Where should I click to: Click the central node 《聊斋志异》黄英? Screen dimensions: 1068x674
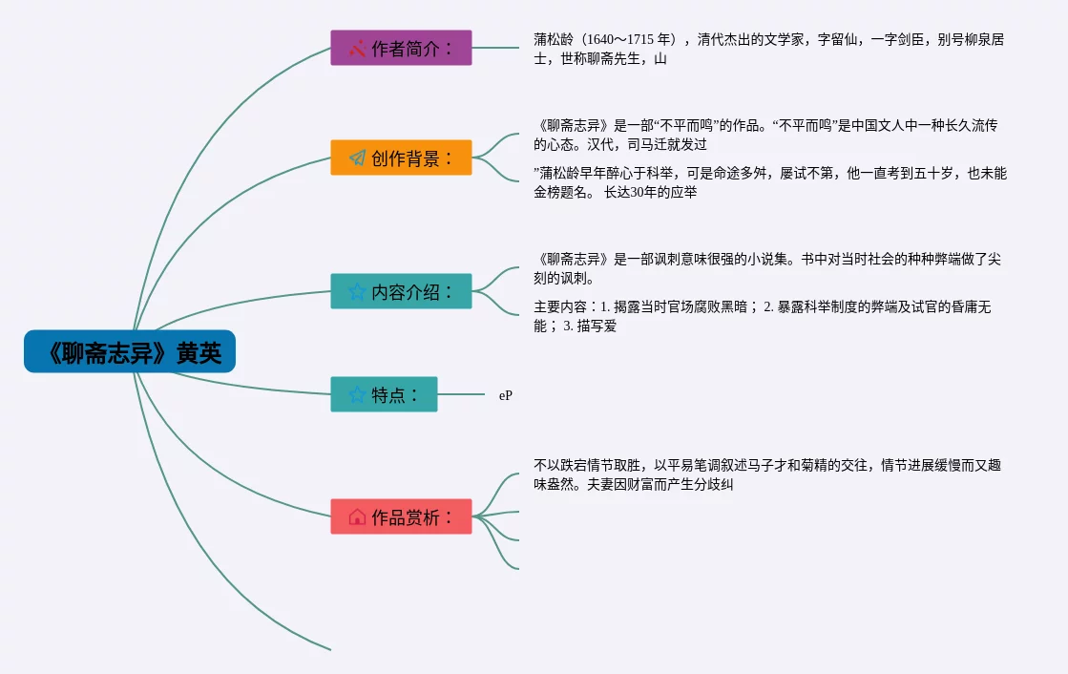click(130, 352)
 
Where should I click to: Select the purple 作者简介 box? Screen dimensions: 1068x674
click(401, 48)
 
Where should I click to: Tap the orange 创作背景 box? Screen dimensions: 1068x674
click(401, 158)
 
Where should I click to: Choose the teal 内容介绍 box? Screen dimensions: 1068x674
click(401, 291)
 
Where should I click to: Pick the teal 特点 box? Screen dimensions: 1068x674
click(384, 394)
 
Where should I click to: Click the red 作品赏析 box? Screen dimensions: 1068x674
click(401, 516)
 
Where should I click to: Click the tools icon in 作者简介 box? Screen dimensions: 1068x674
click(357, 48)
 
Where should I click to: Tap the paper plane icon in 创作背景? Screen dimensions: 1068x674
click(357, 158)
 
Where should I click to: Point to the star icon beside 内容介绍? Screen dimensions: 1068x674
click(357, 291)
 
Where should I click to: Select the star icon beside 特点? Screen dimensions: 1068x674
click(357, 394)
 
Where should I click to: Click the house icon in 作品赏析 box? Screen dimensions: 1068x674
click(357, 516)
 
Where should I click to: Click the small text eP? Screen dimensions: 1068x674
click(505, 395)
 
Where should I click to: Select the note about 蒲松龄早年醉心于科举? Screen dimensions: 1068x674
click(769, 182)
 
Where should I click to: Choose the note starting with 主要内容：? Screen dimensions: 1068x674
click(764, 316)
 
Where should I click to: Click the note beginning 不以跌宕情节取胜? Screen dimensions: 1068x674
click(767, 474)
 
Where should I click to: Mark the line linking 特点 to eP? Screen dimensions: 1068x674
click(461, 394)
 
